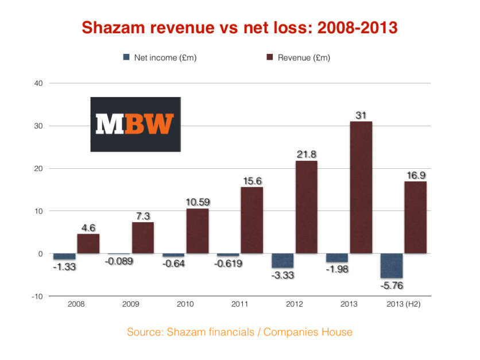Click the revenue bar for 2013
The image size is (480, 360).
(361, 187)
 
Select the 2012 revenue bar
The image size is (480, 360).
(306, 207)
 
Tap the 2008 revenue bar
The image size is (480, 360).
(88, 243)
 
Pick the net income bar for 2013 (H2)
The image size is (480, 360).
(390, 266)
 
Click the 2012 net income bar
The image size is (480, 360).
(282, 261)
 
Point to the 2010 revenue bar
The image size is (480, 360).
(197, 231)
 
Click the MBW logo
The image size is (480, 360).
(135, 124)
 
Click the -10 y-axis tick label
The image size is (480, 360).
(37, 296)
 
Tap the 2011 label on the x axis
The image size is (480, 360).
(240, 304)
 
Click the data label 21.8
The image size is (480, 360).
(307, 154)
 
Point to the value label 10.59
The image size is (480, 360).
(197, 202)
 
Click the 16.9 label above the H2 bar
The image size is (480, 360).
(415, 175)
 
